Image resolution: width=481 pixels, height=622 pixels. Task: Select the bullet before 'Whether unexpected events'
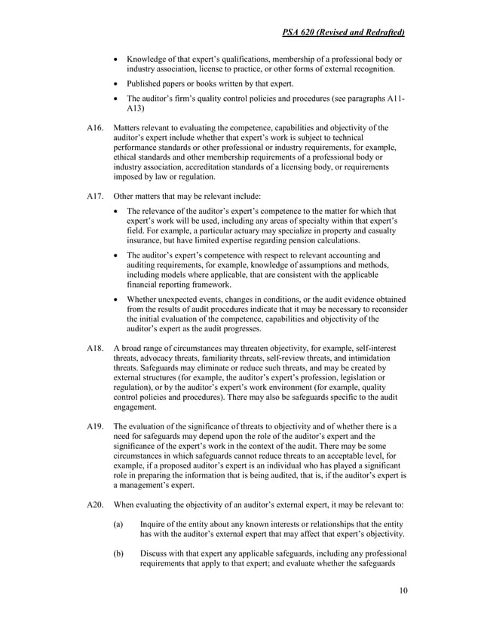[115, 299]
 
